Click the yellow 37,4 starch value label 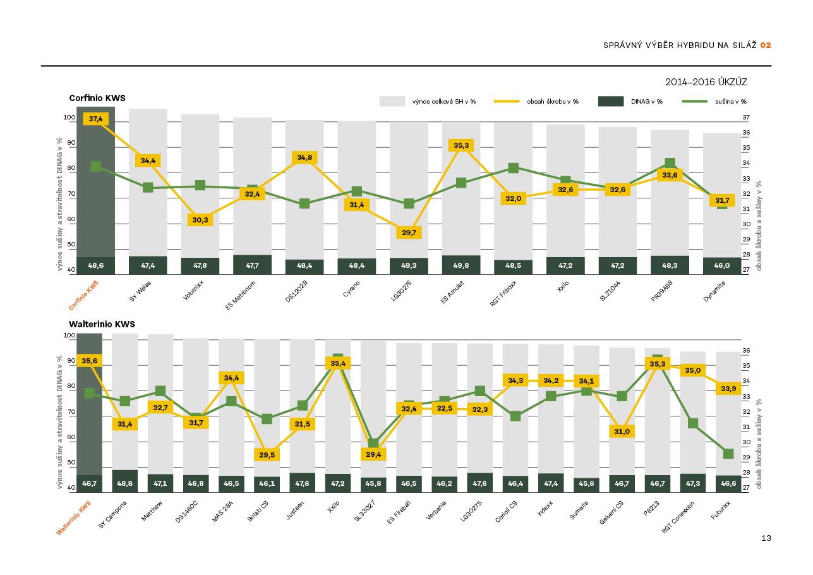(x=96, y=119)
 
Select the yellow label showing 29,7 (x=409, y=233)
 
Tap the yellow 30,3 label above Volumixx (x=200, y=220)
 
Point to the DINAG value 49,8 (x=461, y=266)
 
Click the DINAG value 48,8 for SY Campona (x=125, y=483)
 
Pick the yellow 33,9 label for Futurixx (x=728, y=389)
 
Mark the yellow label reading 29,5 (x=267, y=454)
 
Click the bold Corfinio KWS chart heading (x=97, y=98)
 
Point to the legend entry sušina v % (x=731, y=101)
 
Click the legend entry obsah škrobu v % (x=553, y=101)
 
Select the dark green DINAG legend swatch (x=610, y=101)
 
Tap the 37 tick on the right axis (x=746, y=118)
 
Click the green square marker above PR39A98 (x=670, y=163)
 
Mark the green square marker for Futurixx (x=728, y=454)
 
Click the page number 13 (x=766, y=538)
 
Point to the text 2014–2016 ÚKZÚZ (x=706, y=82)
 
